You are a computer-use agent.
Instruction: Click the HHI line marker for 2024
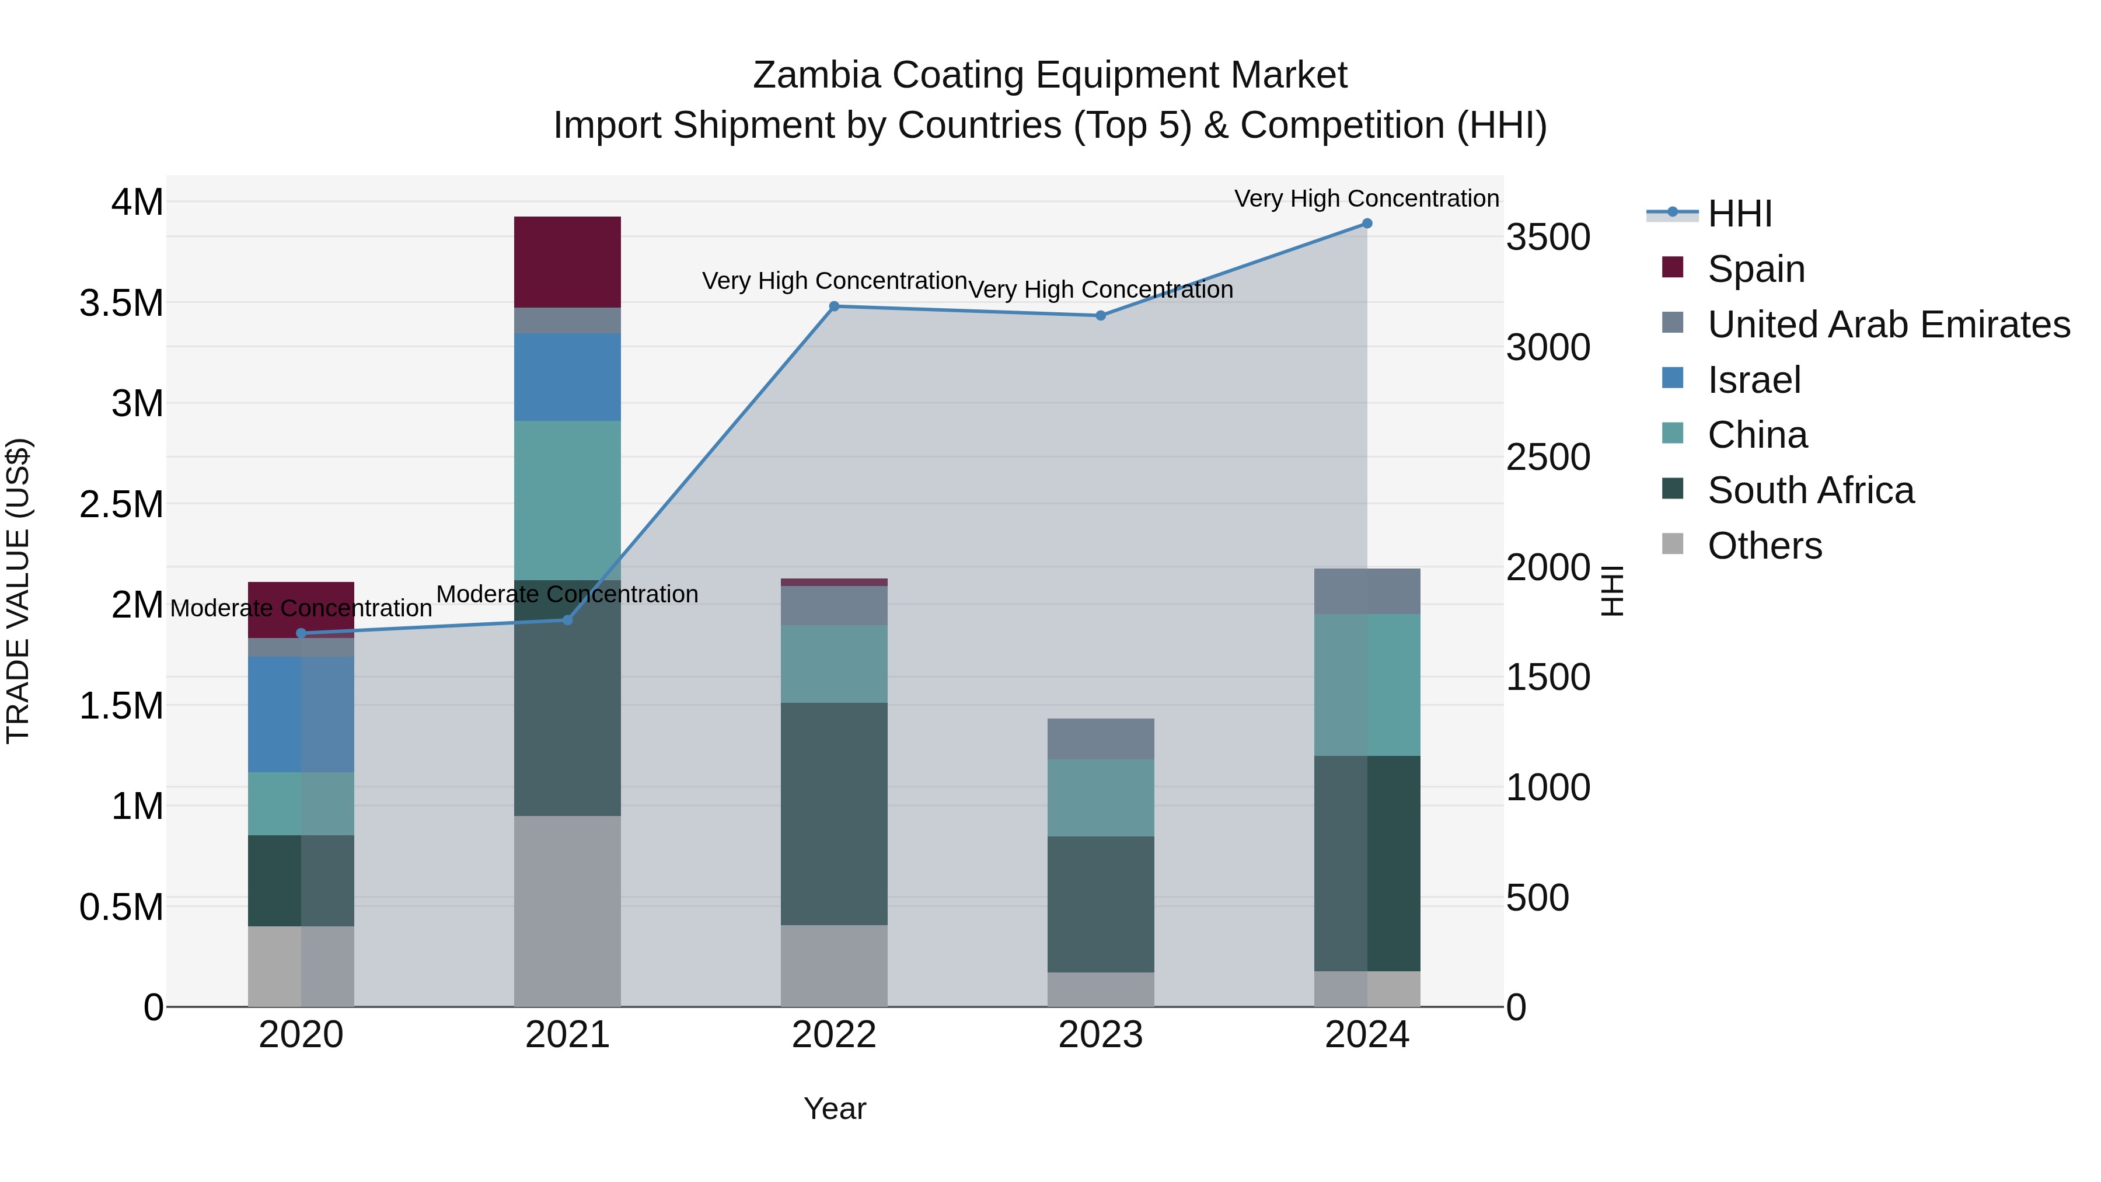(1367, 224)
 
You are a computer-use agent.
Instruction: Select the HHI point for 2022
(833, 306)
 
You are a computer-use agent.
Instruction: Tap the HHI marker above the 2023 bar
(1100, 316)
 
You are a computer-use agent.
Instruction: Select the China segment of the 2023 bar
(1100, 798)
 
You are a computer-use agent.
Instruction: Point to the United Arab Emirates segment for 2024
(1367, 591)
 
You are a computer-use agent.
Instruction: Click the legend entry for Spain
(1756, 269)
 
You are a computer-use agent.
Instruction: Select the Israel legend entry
(1754, 380)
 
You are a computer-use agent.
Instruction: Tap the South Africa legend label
(1810, 491)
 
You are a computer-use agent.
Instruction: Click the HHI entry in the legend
(1740, 214)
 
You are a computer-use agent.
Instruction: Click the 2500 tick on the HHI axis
(1547, 458)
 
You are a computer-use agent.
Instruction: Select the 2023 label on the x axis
(1100, 1035)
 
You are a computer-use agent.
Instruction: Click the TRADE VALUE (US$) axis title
(18, 591)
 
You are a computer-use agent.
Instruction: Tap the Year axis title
(835, 1108)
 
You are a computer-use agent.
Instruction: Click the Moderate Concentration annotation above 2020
(301, 609)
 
